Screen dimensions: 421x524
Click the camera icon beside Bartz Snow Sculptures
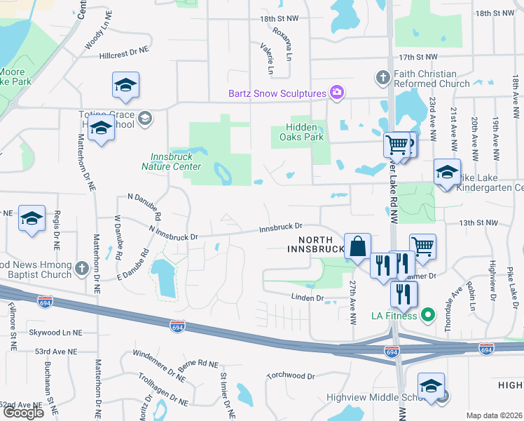[x=337, y=93]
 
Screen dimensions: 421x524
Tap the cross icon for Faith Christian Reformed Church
[x=383, y=76]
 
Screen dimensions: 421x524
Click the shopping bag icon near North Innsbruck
[x=357, y=246]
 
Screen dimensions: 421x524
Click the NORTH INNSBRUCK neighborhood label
[x=314, y=244]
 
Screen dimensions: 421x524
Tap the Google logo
[x=23, y=412]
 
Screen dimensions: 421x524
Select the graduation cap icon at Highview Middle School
[x=431, y=386]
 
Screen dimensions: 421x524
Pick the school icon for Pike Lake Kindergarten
[x=447, y=172]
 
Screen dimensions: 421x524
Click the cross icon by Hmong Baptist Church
[x=81, y=269]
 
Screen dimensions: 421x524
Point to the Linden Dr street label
[x=308, y=298]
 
